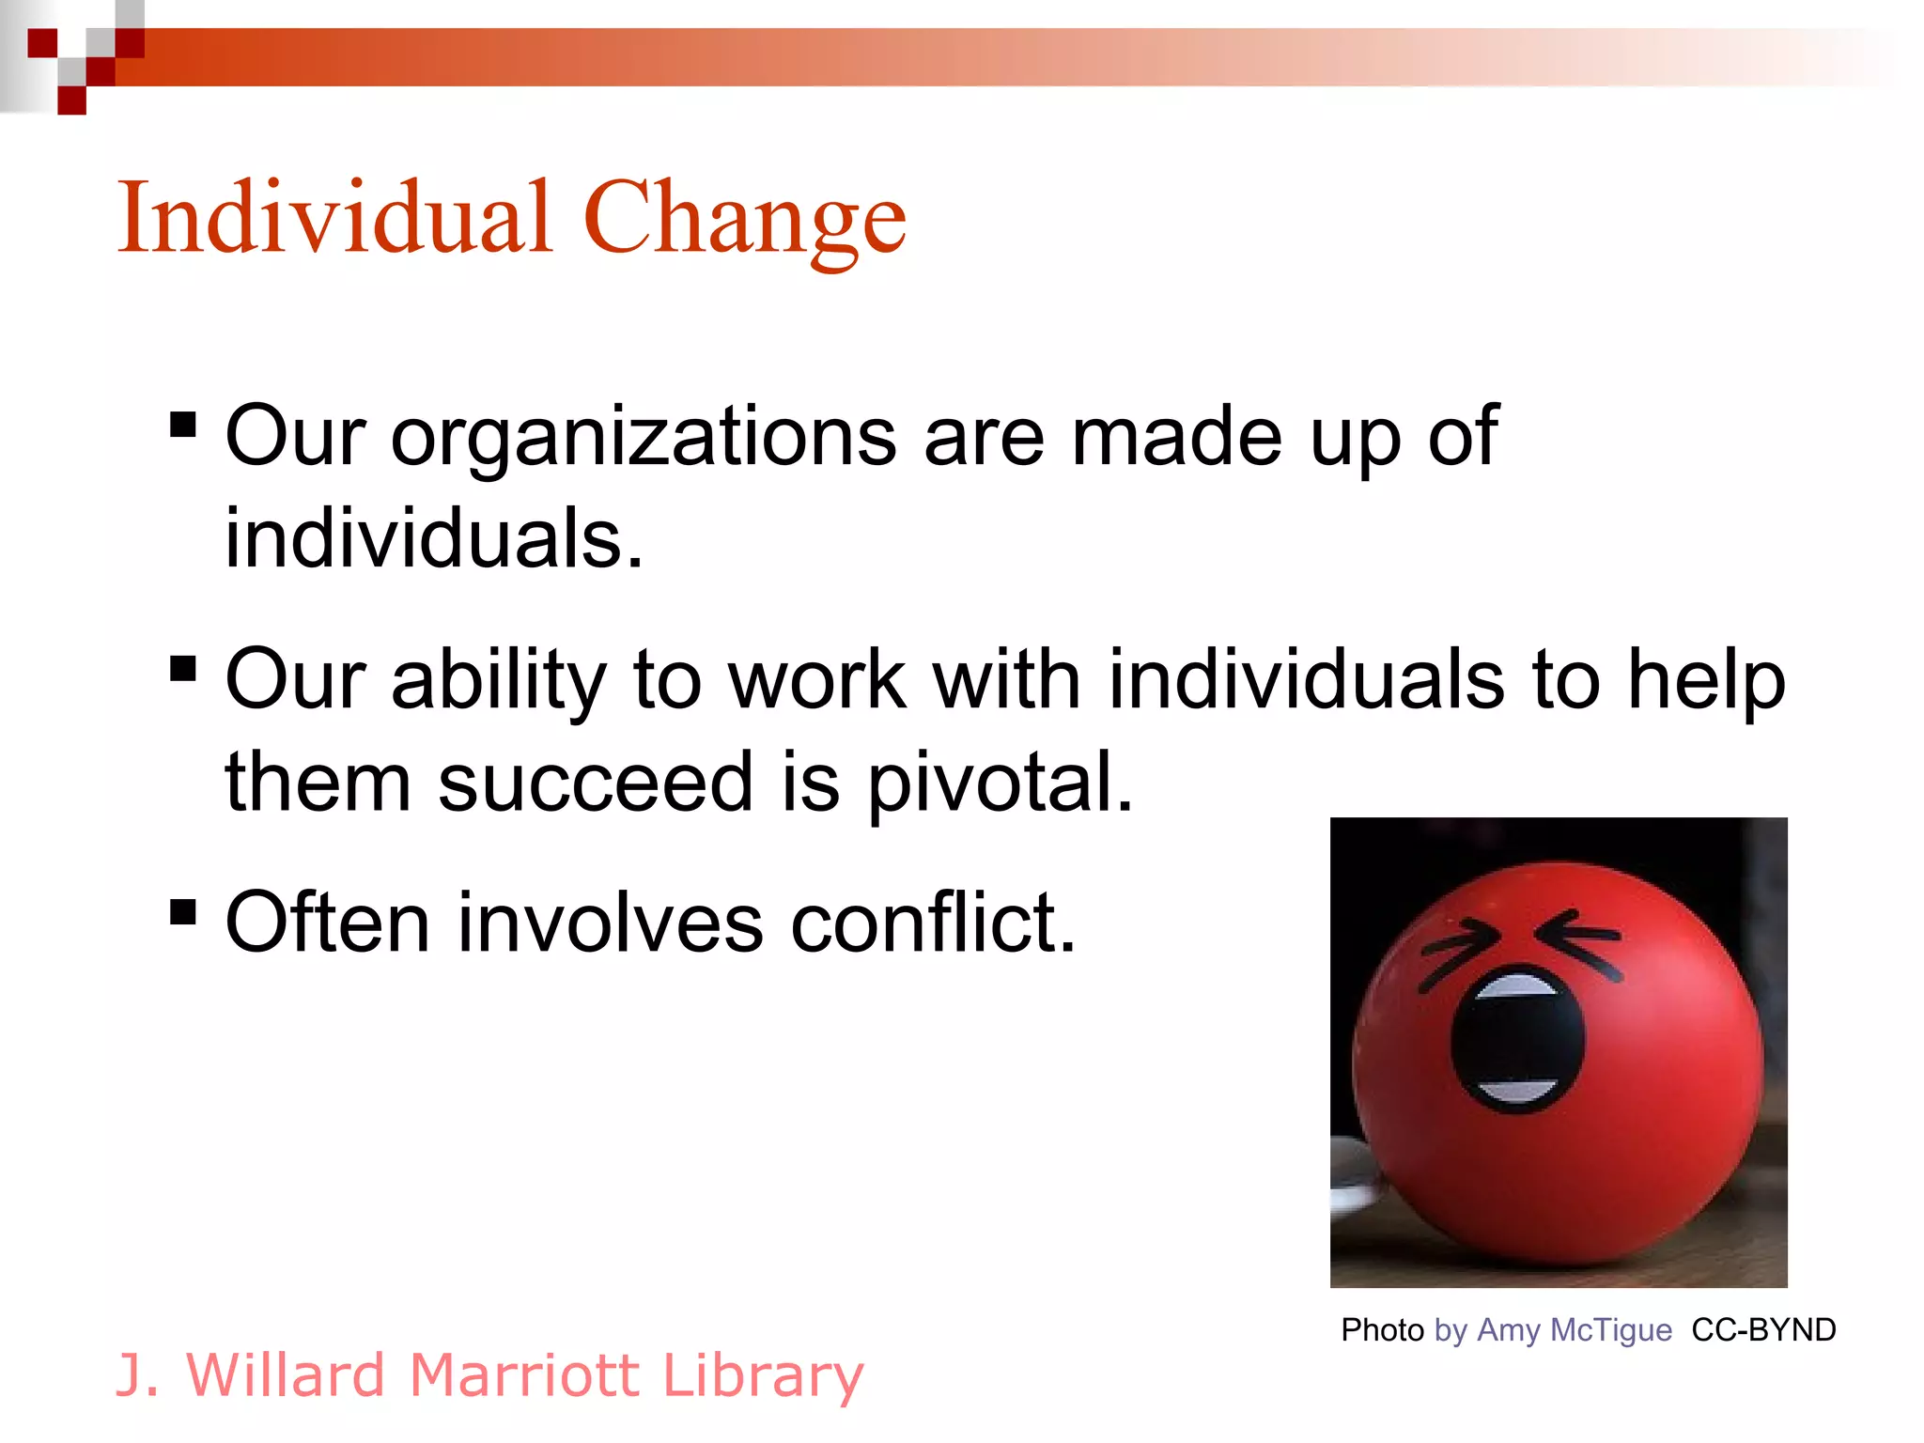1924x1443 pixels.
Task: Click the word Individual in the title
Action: click(334, 218)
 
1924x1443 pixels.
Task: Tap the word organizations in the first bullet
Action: click(644, 437)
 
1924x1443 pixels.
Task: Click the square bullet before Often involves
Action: click(183, 911)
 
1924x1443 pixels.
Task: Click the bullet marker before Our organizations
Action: click(183, 426)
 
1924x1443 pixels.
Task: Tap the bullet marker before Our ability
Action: click(183, 669)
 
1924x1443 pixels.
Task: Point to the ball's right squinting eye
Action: click(1577, 944)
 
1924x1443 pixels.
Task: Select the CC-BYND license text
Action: click(1763, 1330)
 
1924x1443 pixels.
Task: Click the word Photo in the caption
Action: click(1382, 1330)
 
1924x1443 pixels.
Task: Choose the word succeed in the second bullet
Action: click(596, 782)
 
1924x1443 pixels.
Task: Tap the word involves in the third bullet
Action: click(610, 923)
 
